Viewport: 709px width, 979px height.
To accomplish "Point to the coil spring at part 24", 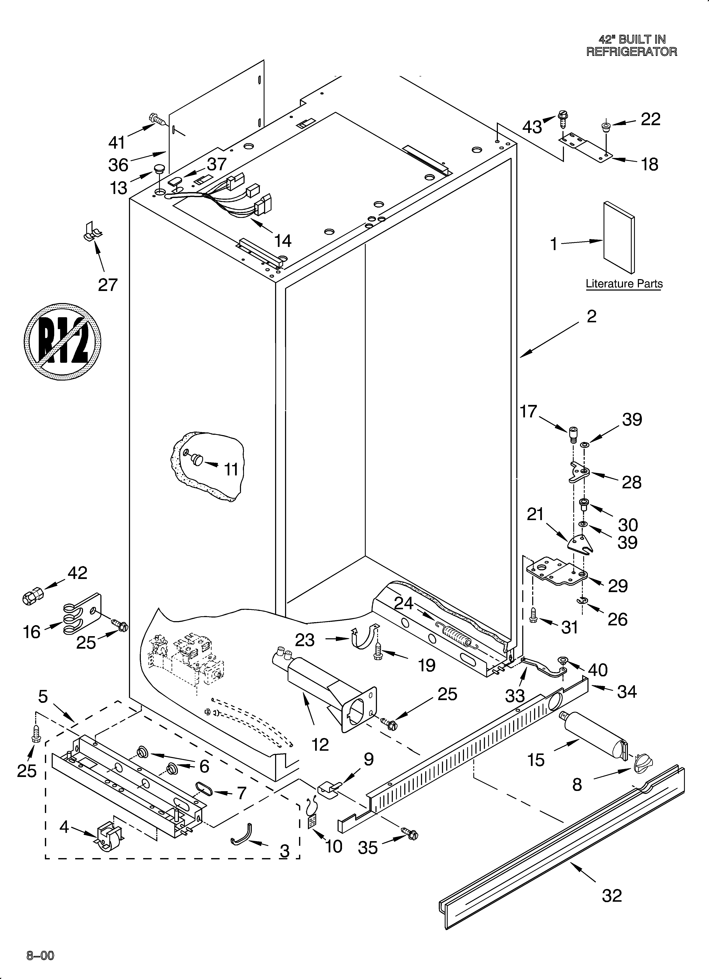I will [456, 634].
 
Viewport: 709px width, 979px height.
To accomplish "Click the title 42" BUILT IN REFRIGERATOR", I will [631, 45].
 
